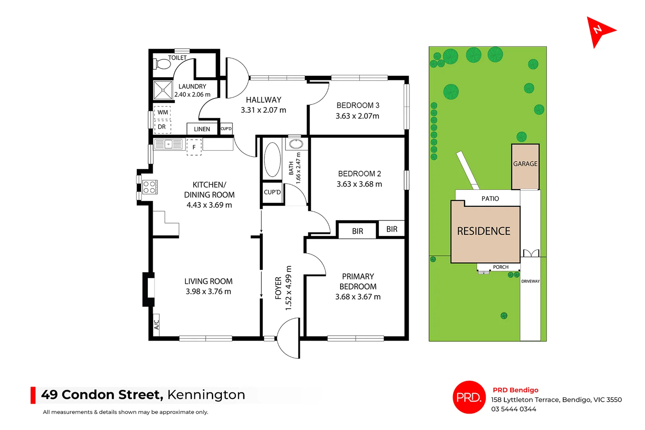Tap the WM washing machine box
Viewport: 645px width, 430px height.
coord(163,112)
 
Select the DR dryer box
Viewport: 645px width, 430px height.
coord(162,127)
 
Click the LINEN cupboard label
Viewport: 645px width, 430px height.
coord(202,129)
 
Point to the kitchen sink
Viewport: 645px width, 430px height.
coord(169,144)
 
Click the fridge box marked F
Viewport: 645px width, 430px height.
coord(194,147)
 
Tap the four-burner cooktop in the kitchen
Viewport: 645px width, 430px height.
coord(149,187)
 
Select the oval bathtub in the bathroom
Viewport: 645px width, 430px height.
coord(273,160)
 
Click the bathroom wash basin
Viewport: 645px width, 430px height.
coord(296,144)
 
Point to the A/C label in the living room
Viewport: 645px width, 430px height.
coord(157,324)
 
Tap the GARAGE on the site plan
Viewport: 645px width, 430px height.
coord(525,164)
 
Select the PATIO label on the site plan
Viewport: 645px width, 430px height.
coord(490,199)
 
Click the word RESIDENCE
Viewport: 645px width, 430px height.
coord(484,231)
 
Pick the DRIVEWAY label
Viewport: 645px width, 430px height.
coord(530,281)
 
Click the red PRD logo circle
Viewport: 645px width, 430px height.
coord(469,397)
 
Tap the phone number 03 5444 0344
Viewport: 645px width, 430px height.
coord(514,409)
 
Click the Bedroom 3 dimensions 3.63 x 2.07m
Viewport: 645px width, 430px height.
coord(357,116)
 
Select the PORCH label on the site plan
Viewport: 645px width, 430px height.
coord(500,267)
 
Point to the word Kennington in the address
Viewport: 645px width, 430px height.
coord(206,395)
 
